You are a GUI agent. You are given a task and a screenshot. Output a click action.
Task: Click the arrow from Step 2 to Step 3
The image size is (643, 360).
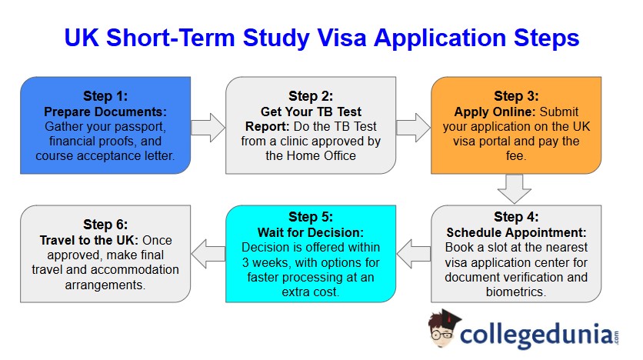tap(413, 125)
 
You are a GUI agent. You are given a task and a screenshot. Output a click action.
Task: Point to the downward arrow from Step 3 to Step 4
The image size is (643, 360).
tap(514, 188)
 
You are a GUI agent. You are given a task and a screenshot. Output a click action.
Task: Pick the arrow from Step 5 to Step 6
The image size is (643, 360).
tap(208, 253)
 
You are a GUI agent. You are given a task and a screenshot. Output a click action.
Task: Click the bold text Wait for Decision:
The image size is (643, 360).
tap(312, 232)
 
